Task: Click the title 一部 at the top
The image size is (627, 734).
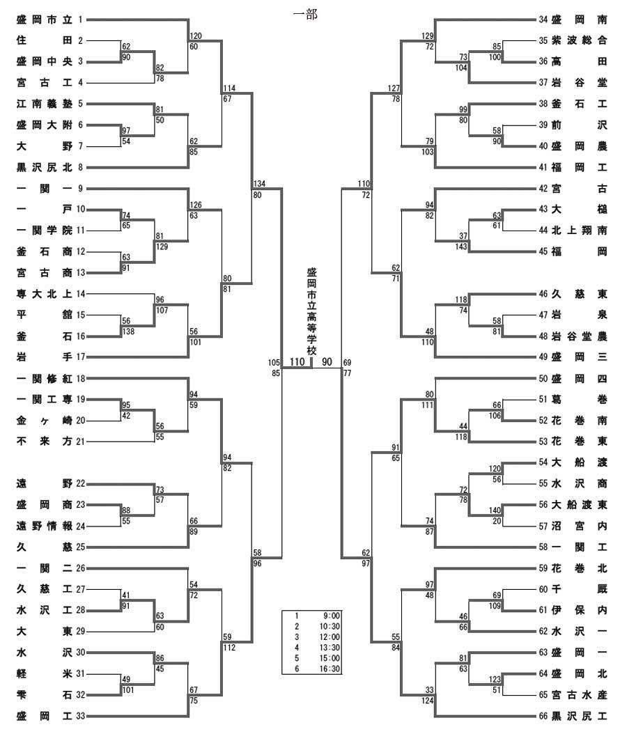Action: tap(305, 15)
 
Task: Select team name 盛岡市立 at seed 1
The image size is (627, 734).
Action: tap(45, 19)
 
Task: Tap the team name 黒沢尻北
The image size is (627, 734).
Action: tap(45, 167)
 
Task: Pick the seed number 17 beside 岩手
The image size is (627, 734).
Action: tap(81, 357)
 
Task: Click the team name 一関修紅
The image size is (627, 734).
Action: tap(45, 378)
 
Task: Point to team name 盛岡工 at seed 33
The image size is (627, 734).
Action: tap(45, 716)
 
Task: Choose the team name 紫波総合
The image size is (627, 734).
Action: tap(579, 40)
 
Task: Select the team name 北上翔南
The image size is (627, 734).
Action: tap(579, 231)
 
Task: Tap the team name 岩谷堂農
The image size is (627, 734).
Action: tap(579, 336)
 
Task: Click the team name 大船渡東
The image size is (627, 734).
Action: tap(579, 505)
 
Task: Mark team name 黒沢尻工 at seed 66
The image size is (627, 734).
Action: tap(579, 716)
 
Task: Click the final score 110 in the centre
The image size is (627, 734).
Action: tap(297, 362)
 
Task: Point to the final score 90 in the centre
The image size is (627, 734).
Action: tap(327, 362)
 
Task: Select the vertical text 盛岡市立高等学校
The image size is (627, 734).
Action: tap(311, 312)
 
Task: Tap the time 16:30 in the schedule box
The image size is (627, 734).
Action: tap(330, 669)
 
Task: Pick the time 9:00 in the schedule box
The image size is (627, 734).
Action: tap(332, 616)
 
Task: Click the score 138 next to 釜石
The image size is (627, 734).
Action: tap(128, 331)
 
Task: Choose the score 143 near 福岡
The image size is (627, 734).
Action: tap(461, 247)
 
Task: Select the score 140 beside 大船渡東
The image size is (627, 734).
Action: tap(495, 510)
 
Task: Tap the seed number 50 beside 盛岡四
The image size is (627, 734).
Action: tap(543, 378)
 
